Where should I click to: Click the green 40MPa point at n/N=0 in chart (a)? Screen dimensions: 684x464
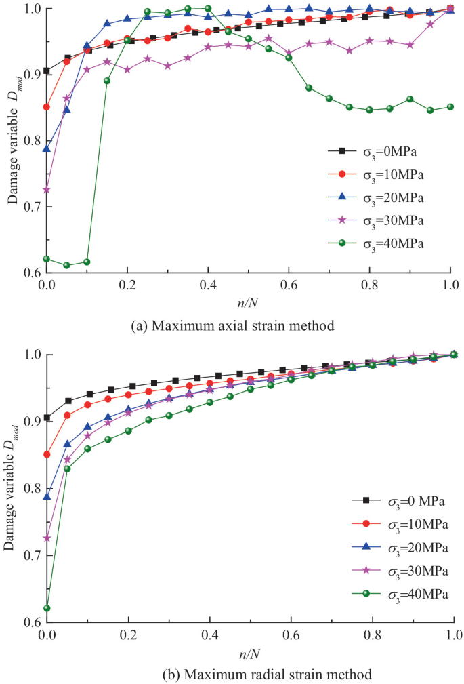coord(47,259)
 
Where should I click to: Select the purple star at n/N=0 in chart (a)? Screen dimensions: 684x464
coord(47,190)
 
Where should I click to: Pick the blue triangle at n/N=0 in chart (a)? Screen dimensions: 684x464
coord(47,148)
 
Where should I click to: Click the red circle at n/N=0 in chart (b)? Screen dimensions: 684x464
coord(47,454)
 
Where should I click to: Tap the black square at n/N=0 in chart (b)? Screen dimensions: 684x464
coord(47,418)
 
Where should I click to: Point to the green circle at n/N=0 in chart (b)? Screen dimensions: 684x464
coord(47,608)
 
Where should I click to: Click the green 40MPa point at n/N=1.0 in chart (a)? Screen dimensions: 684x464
coord(450,107)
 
